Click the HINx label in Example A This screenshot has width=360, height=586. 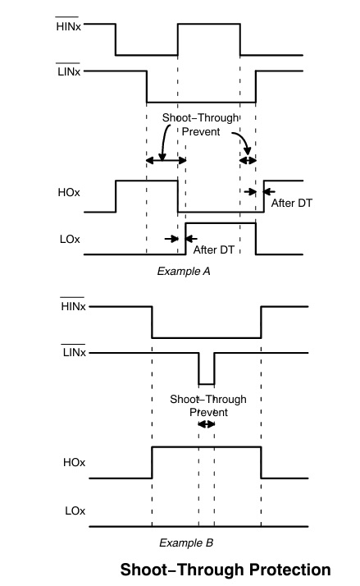[68, 26]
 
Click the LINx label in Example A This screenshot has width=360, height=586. [69, 71]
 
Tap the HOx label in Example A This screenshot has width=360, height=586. [69, 193]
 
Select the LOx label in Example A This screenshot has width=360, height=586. [70, 239]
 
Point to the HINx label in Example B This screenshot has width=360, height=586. [73, 306]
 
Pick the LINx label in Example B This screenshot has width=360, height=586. [75, 352]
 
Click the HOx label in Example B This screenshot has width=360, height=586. [75, 462]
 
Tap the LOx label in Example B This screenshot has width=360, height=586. [75, 510]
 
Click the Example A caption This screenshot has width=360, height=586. [184, 271]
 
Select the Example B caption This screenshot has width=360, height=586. [186, 543]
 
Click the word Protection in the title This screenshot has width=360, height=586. [290, 570]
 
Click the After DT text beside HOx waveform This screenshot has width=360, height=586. [292, 203]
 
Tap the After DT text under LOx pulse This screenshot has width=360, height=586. [213, 250]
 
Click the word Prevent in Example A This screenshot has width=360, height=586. [201, 131]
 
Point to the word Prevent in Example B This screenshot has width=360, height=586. [209, 412]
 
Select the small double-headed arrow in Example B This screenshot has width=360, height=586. [207, 424]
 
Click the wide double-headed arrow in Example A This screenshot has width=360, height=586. [166, 161]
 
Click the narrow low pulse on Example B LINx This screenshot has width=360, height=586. [207, 384]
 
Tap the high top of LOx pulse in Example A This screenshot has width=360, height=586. [221, 223]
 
